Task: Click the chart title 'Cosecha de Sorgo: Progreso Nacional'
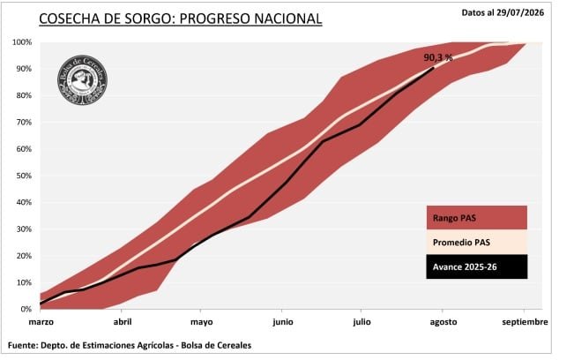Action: coord(181,19)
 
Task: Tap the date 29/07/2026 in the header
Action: coord(520,13)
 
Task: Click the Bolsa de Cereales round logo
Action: coord(82,79)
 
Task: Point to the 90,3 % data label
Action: coord(438,57)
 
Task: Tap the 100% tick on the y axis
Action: coord(22,42)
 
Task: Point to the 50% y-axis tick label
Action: coord(24,176)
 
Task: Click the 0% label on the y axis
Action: coord(26,310)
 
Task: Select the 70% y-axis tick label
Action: coord(24,123)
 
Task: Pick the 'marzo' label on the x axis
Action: coord(41,322)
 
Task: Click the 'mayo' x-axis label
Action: coord(201,322)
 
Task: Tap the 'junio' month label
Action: coord(283,322)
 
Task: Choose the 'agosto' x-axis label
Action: coord(444,322)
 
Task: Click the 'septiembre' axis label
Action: coord(525,322)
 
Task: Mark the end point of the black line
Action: coord(434,68)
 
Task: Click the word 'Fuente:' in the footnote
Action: coord(23,345)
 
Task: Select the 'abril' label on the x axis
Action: coord(123,322)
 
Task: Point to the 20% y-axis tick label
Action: coord(24,256)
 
